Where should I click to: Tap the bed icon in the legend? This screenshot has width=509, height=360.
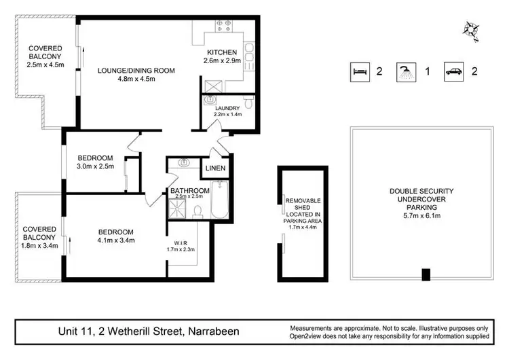359,71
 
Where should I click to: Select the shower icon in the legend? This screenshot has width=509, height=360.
407,71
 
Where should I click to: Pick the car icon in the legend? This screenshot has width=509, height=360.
453,71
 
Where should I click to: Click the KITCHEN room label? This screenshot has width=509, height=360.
221,52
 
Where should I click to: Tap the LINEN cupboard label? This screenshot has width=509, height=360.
215,168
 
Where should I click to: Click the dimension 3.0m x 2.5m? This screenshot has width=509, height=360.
95,166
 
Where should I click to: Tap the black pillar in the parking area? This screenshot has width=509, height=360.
426,274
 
